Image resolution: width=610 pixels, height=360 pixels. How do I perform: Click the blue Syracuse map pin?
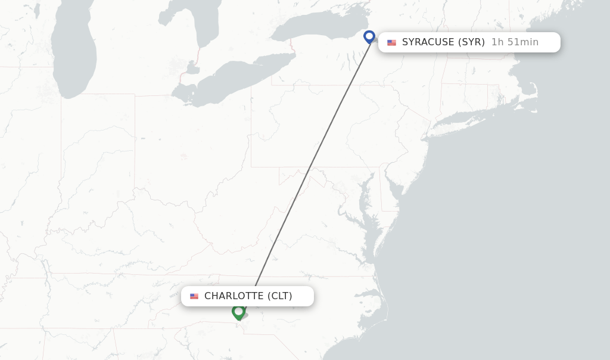[369, 36]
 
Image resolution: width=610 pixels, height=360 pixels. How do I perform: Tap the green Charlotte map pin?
[238, 311]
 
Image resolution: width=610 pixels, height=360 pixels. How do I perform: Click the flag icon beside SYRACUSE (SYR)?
[391, 42]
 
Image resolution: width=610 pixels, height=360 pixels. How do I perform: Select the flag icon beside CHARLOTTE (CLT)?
[194, 296]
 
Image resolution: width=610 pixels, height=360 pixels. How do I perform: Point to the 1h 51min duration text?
[515, 42]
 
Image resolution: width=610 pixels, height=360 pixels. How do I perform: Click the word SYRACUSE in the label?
[428, 42]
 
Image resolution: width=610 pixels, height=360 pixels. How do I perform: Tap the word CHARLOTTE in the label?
[234, 296]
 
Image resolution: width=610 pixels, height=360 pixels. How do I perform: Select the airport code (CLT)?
[280, 296]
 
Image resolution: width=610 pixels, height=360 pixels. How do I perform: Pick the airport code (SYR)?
[471, 42]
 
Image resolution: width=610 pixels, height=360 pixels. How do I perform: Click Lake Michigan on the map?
[71, 54]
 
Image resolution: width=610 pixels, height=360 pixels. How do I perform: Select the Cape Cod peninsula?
[532, 95]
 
